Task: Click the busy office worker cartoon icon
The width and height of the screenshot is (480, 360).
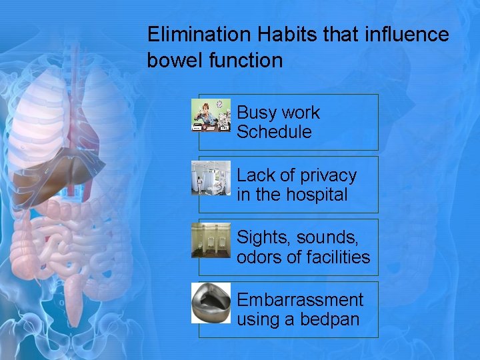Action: [x=211, y=115]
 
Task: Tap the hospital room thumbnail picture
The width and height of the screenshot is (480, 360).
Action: [x=211, y=177]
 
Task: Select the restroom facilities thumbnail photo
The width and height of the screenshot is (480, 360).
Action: [x=211, y=240]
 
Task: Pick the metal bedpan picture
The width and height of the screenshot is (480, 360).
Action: [x=211, y=303]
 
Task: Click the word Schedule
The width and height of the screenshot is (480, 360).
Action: [x=274, y=132]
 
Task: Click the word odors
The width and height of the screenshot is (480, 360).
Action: [x=259, y=257]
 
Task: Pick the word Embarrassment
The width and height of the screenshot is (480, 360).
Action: [x=300, y=300]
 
